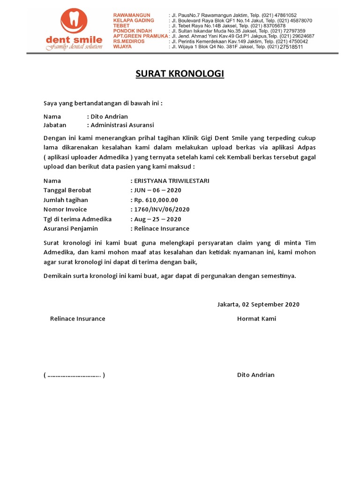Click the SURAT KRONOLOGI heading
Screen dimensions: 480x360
(x=180, y=74)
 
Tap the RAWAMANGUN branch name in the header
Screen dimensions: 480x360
(x=133, y=15)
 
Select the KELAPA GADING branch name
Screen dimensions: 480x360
(x=134, y=21)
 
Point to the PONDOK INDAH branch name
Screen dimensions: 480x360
(x=133, y=31)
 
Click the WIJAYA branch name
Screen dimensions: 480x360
(x=123, y=46)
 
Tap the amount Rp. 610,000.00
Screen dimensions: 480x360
(x=156, y=200)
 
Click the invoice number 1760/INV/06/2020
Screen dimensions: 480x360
(x=162, y=209)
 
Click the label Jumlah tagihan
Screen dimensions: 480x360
(x=66, y=200)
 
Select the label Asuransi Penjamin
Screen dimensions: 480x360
(x=70, y=228)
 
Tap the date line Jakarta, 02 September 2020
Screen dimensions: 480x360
(x=258, y=304)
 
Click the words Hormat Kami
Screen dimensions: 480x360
(x=256, y=319)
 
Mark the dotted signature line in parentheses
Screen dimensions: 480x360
(x=74, y=375)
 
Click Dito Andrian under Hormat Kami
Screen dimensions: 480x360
(x=256, y=375)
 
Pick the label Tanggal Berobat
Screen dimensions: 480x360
(x=67, y=190)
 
